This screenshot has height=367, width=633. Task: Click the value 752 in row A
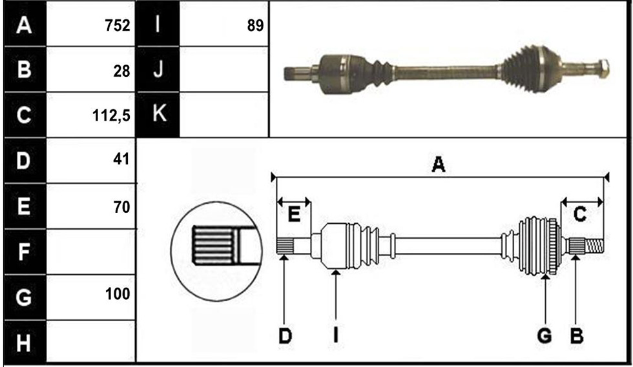(118, 25)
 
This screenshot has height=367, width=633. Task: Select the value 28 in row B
(121, 71)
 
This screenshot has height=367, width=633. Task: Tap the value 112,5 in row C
(111, 115)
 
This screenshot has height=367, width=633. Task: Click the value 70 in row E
(121, 207)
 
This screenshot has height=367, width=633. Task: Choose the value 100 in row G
(118, 294)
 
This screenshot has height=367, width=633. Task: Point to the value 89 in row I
(255, 26)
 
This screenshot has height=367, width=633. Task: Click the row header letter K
(160, 114)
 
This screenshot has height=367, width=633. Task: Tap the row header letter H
(23, 343)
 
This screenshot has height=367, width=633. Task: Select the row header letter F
(24, 252)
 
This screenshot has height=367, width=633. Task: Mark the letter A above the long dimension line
(439, 164)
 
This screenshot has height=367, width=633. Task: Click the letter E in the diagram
(295, 215)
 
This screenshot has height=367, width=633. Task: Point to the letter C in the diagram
(580, 214)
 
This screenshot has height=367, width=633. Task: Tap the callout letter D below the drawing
(285, 335)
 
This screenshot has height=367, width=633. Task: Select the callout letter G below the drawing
(544, 335)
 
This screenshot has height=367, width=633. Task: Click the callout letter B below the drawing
(576, 335)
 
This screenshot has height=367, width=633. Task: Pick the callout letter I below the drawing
(335, 335)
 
